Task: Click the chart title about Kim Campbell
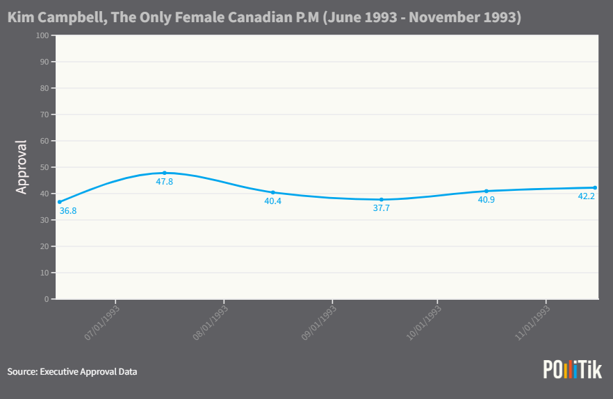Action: [264, 17]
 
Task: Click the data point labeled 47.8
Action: [165, 173]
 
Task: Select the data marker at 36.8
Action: [59, 202]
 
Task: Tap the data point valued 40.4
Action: [273, 192]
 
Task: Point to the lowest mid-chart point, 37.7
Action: [382, 200]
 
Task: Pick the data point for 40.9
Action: [487, 191]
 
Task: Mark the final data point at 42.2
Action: [596, 187]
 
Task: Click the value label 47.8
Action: [165, 182]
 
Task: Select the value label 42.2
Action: [587, 196]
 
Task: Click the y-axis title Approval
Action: [22, 167]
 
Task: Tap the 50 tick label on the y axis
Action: [44, 167]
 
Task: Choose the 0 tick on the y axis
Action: [46, 299]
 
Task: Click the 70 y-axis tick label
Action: [44, 114]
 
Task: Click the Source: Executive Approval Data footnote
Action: [72, 372]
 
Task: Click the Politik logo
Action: [572, 370]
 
